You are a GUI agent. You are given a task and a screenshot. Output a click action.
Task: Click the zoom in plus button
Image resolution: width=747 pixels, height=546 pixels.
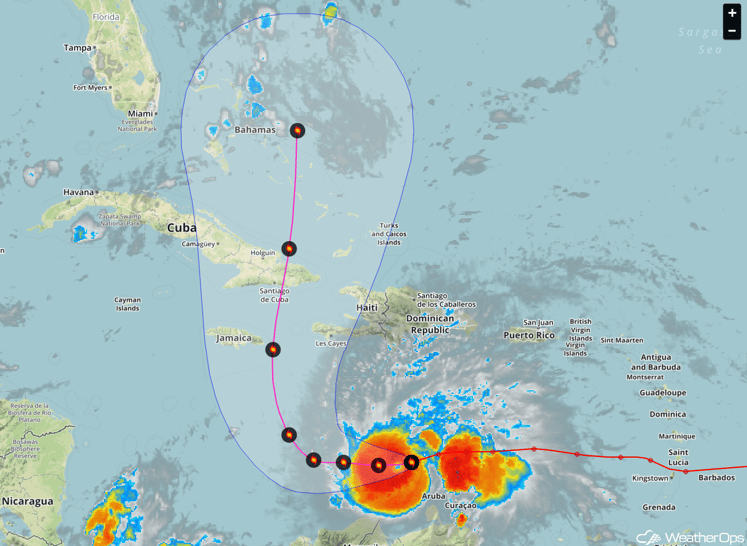(733, 14)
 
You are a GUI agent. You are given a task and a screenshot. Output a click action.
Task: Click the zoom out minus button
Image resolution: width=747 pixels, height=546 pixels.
(733, 32)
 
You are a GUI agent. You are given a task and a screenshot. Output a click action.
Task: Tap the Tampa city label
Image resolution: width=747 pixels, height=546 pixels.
(77, 47)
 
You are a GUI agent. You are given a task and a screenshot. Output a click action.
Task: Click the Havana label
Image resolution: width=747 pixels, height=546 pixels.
(79, 191)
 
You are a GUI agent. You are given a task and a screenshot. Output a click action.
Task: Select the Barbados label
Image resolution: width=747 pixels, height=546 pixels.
(716, 478)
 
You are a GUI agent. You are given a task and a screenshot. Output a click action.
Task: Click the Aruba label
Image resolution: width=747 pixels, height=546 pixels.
(434, 496)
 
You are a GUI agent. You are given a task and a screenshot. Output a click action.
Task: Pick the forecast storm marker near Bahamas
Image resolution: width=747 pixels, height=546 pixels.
(298, 130)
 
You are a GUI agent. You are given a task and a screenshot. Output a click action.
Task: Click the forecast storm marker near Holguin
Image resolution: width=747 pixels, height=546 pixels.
(288, 248)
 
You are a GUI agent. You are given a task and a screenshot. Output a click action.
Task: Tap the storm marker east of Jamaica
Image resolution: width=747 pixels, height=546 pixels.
(273, 349)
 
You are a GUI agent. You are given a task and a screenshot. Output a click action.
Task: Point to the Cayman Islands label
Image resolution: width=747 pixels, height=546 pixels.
(127, 303)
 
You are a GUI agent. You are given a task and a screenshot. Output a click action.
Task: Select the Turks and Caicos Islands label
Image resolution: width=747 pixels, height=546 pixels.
(389, 233)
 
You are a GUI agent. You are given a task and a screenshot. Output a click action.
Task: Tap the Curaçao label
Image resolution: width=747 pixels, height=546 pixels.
(461, 506)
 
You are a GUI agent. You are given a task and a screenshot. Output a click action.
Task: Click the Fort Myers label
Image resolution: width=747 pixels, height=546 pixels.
(91, 87)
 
